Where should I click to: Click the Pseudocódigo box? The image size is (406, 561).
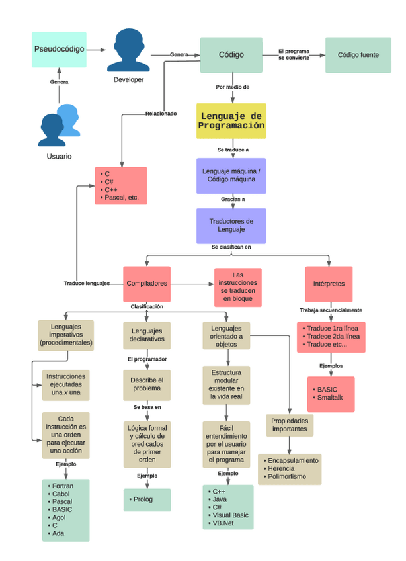click(x=59, y=49)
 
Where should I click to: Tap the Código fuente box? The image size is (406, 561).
click(x=358, y=55)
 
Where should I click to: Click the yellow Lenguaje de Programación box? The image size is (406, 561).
click(x=231, y=120)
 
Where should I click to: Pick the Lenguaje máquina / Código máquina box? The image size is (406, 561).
click(x=231, y=175)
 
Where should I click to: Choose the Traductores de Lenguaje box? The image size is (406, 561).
click(x=231, y=226)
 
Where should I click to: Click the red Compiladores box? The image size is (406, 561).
click(x=147, y=283)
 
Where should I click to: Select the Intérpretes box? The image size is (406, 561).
click(x=328, y=284)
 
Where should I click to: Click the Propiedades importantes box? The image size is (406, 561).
click(x=290, y=425)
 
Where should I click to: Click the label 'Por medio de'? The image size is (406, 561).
click(x=232, y=87)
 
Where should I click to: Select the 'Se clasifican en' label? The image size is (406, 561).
click(x=231, y=247)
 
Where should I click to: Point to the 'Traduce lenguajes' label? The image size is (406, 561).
click(x=87, y=283)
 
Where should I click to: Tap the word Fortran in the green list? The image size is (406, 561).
click(x=63, y=486)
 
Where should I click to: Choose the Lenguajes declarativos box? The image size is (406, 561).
click(x=147, y=335)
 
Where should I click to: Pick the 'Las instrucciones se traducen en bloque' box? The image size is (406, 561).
click(x=238, y=288)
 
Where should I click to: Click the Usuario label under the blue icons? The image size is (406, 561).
click(x=59, y=156)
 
